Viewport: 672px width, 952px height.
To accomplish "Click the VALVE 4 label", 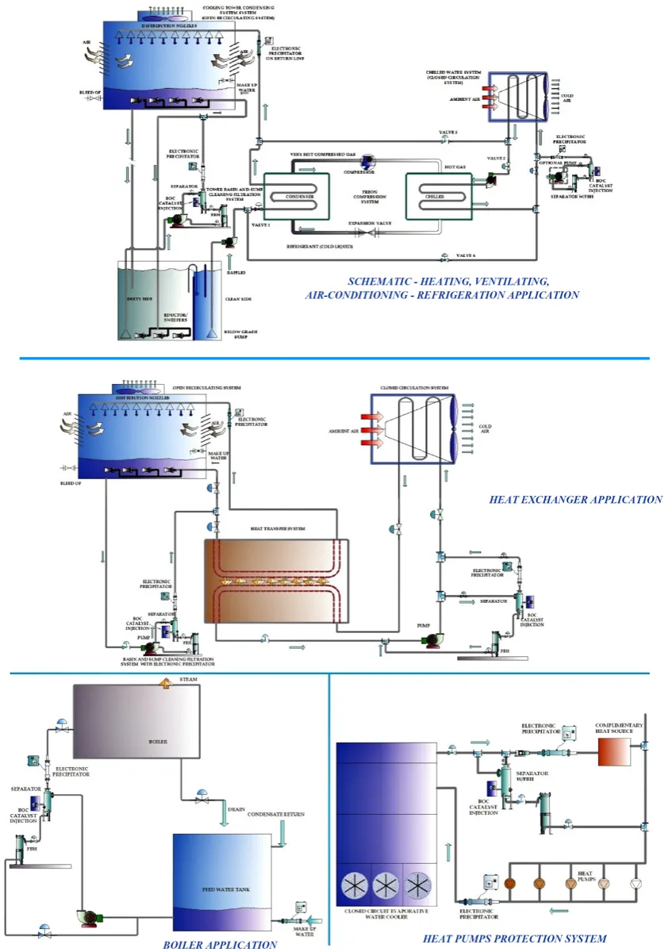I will (467, 255).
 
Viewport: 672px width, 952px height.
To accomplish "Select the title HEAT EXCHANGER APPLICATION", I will (575, 500).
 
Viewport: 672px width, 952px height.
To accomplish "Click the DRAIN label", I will (236, 809).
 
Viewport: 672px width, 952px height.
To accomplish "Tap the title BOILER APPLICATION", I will (220, 944).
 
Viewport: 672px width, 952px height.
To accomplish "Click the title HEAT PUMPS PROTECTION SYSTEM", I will (514, 939).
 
